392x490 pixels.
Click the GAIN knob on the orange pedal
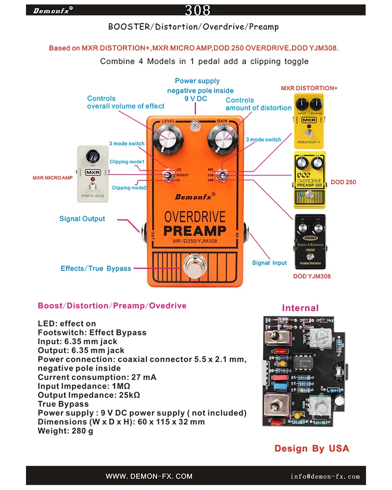221,138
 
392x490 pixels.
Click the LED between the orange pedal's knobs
196,126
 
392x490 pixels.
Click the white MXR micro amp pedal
92,174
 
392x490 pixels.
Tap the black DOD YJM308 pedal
309,242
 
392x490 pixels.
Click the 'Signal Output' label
82,219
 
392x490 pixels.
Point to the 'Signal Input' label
269,263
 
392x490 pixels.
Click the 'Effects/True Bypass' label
96,269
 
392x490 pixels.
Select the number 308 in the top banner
198,10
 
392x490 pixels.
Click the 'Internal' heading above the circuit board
300,308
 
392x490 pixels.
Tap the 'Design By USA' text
312,448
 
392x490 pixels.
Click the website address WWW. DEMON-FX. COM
149,476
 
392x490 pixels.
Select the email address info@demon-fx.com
325,476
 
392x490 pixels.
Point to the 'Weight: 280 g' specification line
66,431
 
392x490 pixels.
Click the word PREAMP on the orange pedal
195,230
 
